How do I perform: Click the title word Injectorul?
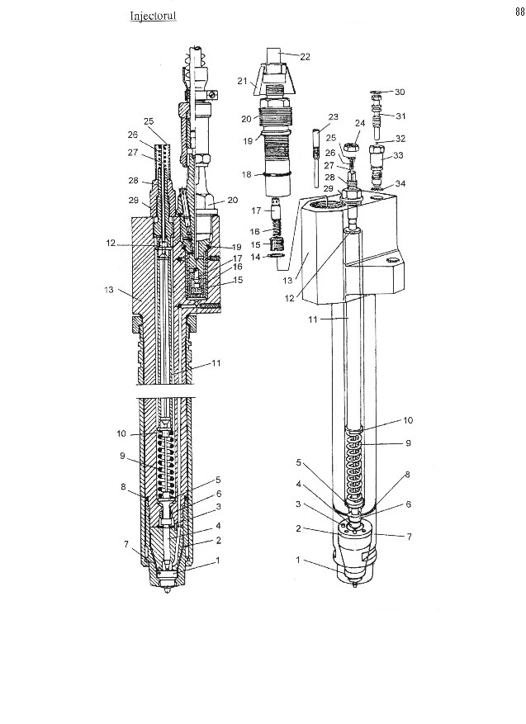(x=153, y=16)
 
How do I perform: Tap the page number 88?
(x=520, y=12)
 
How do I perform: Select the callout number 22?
(x=305, y=57)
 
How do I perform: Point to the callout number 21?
(x=243, y=81)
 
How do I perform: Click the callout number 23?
(x=333, y=117)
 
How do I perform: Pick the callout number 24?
(x=360, y=123)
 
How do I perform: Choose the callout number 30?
(x=400, y=92)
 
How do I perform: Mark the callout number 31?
(x=400, y=116)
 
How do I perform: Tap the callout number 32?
(x=400, y=139)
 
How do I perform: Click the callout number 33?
(x=398, y=155)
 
